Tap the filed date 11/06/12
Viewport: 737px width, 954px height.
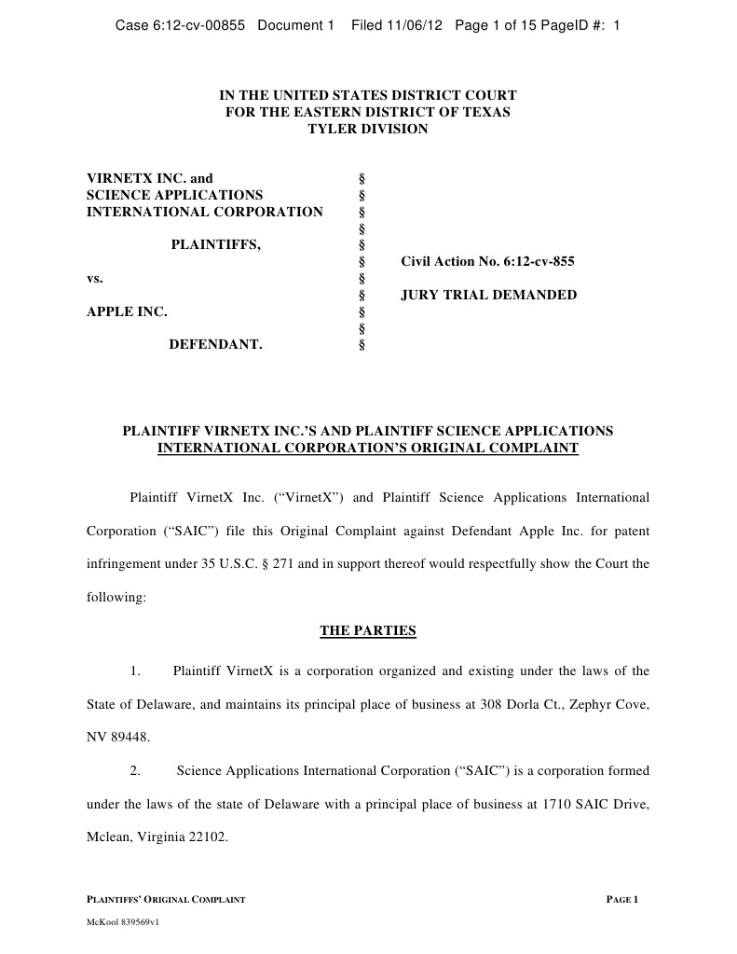pos(416,25)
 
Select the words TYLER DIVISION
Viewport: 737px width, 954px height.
pos(368,129)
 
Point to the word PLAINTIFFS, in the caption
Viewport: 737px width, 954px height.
pos(215,245)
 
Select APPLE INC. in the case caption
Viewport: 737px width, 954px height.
pos(127,311)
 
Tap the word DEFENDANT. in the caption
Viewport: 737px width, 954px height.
pos(215,345)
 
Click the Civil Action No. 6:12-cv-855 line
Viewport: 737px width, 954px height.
pos(487,262)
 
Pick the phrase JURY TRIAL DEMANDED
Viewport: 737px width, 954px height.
pos(488,296)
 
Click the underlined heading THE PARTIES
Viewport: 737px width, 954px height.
pos(368,630)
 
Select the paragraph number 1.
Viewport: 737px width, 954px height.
pos(135,671)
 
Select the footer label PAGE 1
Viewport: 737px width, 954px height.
pos(621,899)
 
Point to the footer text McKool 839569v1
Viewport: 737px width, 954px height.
pos(124,930)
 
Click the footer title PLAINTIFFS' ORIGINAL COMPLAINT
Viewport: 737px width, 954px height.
pos(166,899)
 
